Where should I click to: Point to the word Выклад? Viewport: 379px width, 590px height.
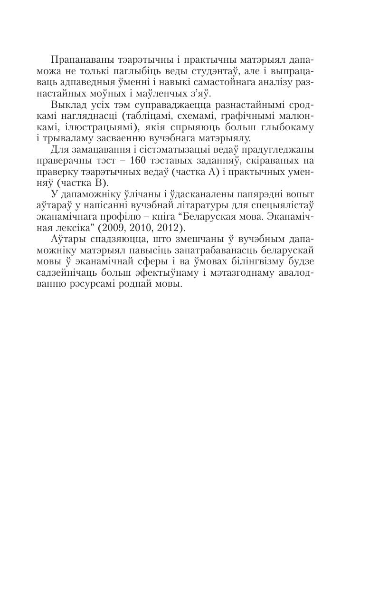(67, 105)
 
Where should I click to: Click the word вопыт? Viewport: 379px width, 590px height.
(300, 194)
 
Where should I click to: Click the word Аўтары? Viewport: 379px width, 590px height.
(66, 239)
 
